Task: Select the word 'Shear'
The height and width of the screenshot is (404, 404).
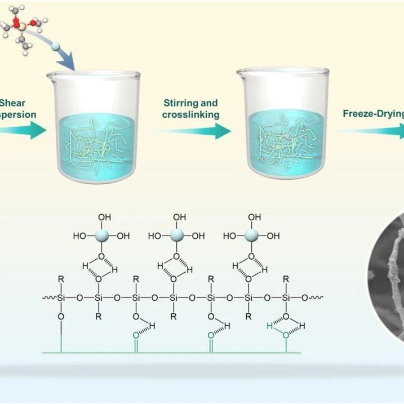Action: (x=12, y=103)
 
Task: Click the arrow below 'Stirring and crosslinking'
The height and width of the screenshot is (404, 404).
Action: (x=194, y=131)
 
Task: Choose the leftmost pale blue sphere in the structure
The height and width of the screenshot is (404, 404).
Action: (x=100, y=236)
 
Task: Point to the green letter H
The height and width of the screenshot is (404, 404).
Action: (x=270, y=326)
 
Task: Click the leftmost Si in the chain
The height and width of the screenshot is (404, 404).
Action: (x=61, y=297)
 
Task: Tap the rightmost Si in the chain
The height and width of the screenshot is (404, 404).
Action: (x=286, y=297)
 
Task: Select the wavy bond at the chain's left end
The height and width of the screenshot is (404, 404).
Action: (x=47, y=297)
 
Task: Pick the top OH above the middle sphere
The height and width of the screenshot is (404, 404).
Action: (x=179, y=217)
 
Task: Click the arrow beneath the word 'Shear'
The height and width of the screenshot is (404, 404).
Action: (x=23, y=131)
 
